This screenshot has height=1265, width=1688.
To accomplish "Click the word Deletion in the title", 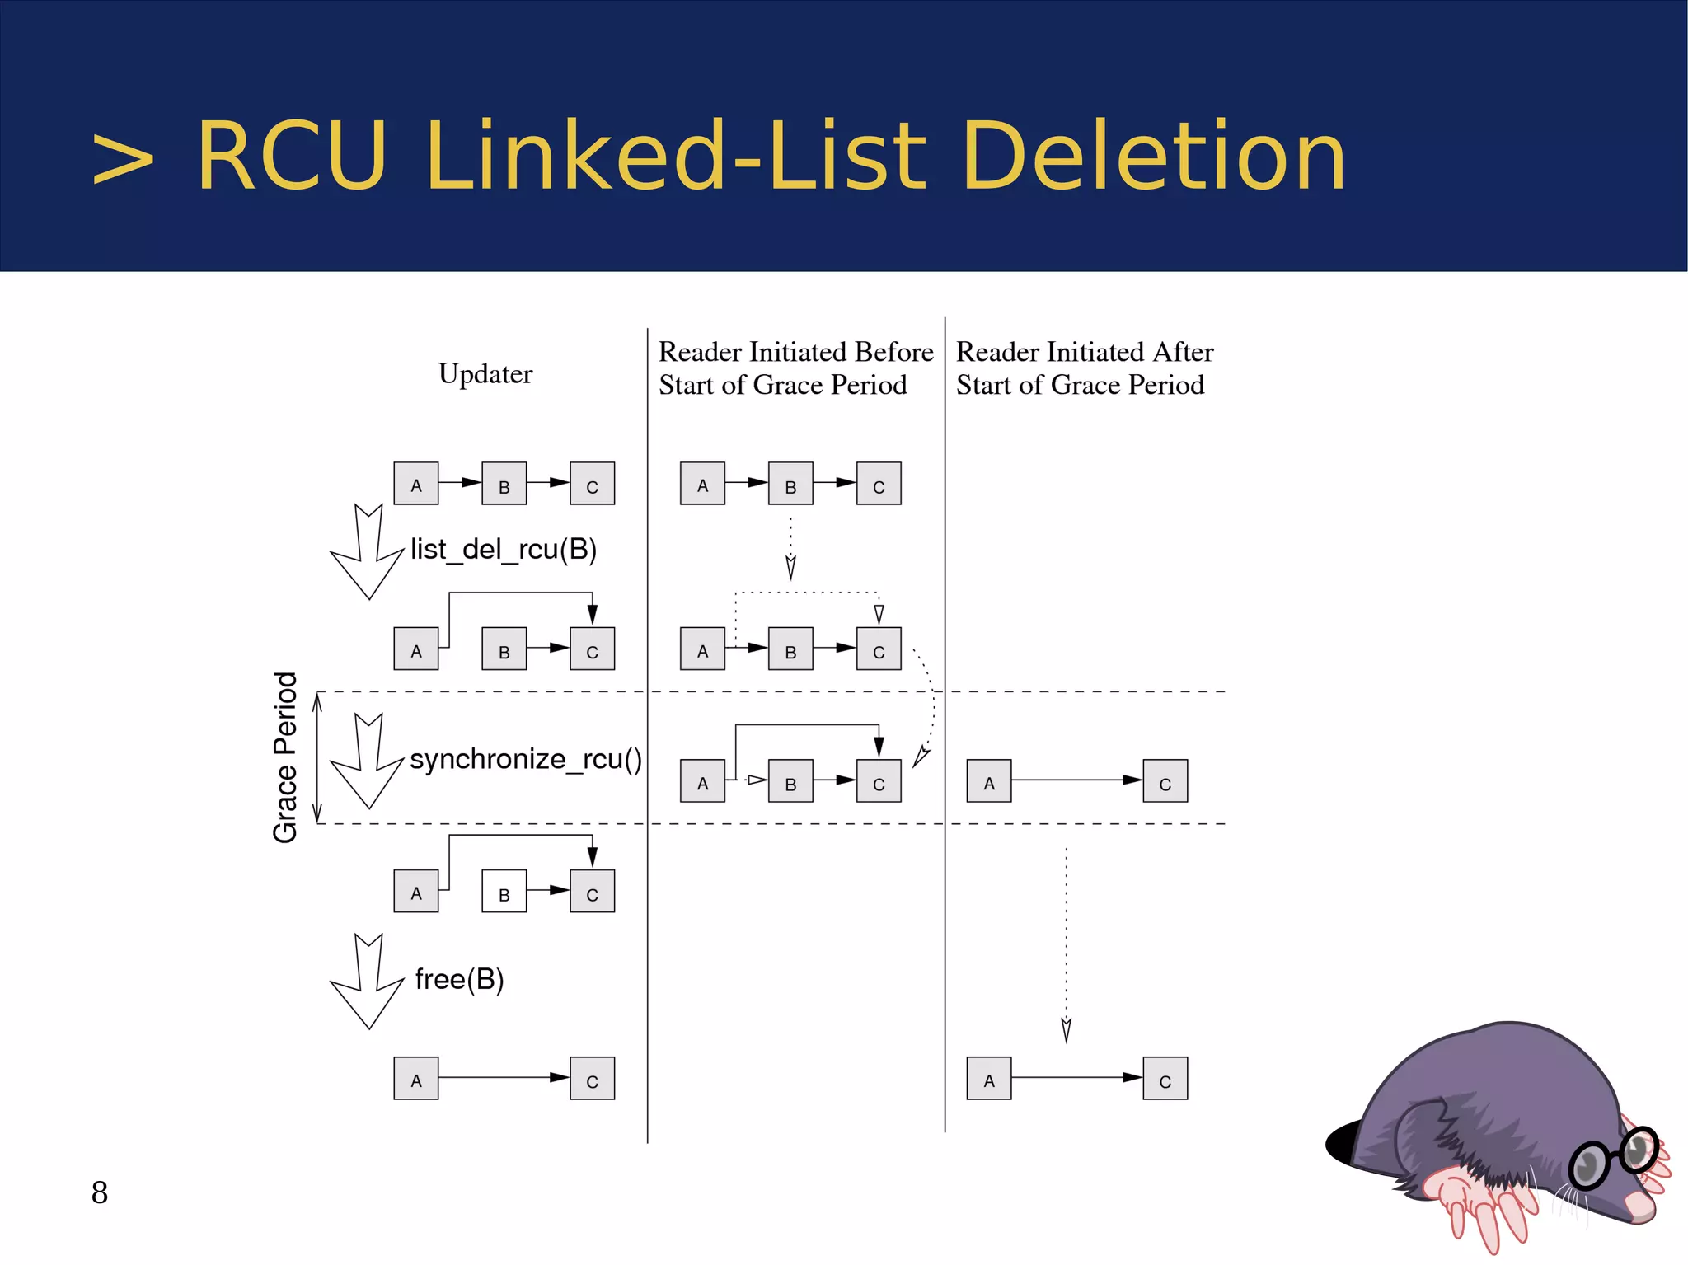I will click(1153, 157).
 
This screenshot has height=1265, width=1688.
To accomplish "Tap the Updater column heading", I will click(485, 374).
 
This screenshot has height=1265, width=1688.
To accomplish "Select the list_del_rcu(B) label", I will click(504, 550).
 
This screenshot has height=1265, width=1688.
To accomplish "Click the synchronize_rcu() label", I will click(525, 759).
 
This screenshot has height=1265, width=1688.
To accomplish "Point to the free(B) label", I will click(459, 979).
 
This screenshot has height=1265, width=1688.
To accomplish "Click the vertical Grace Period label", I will click(285, 757).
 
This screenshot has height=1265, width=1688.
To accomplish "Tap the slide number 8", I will click(100, 1192).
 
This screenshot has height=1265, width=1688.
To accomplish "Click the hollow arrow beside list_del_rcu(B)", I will click(367, 552).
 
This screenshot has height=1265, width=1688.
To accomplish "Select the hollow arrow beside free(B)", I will click(367, 982).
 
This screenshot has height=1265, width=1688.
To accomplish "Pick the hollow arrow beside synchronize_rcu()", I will click(367, 761).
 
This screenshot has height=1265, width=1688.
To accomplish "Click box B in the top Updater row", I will click(504, 484).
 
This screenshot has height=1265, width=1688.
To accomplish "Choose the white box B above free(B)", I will click(504, 892).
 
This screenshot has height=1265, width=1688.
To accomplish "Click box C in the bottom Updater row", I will click(592, 1079).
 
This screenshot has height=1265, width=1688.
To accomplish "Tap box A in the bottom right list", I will click(988, 1079).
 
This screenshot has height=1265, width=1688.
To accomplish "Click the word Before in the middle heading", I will click(894, 352).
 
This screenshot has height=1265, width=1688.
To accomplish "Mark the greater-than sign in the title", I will click(123, 158).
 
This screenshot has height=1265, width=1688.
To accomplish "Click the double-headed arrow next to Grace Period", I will click(317, 757).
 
